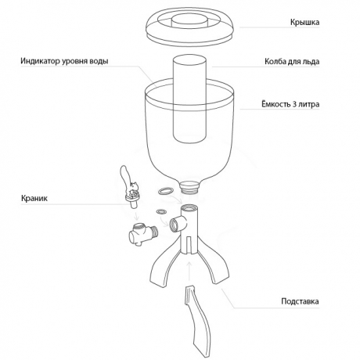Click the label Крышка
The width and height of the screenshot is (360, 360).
[304, 22]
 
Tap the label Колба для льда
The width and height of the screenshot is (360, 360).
[292, 62]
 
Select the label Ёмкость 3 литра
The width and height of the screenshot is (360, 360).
[290, 104]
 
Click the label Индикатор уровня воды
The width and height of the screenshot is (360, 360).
[64, 61]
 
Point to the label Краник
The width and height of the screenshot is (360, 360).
[34, 198]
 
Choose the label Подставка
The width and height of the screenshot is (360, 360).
[300, 301]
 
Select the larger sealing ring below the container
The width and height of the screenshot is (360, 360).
[165, 191]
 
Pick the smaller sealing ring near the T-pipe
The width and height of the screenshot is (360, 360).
[161, 211]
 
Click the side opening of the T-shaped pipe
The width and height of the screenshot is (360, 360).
[175, 225]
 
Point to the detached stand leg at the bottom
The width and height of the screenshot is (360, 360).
[198, 322]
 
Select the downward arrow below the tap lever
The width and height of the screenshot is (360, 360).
[135, 215]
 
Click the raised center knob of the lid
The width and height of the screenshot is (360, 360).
[189, 20]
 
